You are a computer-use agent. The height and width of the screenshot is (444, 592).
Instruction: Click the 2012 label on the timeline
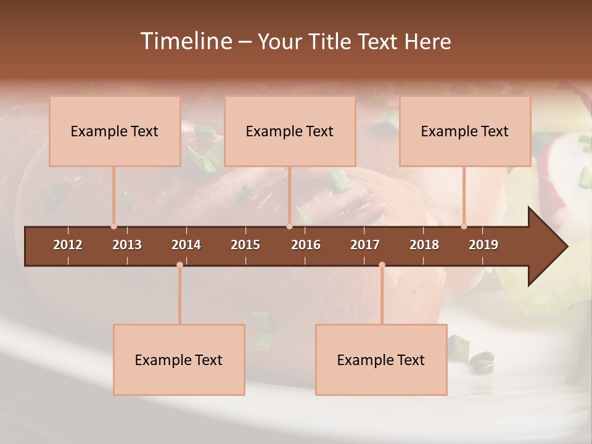[x=68, y=245]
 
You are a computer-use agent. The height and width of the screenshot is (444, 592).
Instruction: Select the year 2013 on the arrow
[x=127, y=245]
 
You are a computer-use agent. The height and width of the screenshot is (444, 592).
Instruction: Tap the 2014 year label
[x=186, y=245]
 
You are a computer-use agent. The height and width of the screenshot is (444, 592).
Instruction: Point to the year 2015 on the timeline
[x=245, y=245]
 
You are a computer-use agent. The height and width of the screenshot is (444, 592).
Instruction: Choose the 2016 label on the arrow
[x=306, y=245]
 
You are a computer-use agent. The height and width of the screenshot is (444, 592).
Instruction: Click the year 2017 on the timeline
[x=365, y=245]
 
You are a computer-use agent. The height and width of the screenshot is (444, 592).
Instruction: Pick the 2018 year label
[x=424, y=245]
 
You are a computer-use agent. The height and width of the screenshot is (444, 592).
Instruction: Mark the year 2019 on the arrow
[x=483, y=245]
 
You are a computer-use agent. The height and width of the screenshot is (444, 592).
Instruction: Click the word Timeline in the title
[x=186, y=41]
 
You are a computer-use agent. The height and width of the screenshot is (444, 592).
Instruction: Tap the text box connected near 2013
[x=115, y=131]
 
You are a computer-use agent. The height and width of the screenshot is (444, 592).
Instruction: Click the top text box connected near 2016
[x=290, y=131]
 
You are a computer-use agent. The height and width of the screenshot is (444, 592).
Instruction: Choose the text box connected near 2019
[x=465, y=131]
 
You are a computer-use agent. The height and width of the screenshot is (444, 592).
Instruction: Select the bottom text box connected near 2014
[x=179, y=360]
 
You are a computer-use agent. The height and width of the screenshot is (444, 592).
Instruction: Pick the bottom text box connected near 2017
[x=381, y=360]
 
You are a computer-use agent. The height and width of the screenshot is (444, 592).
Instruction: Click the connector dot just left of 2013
[x=113, y=226]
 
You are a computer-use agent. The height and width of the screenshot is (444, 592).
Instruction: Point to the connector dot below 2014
[x=179, y=265]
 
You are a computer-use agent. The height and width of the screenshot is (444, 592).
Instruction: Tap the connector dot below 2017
[x=382, y=265]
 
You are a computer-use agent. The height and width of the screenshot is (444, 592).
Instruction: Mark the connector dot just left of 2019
[x=464, y=226]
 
